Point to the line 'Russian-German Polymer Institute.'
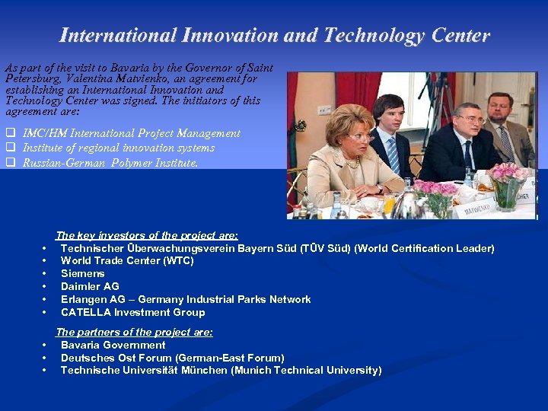point(110,162)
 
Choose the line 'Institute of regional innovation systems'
point(118,148)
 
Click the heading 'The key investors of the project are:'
point(147,236)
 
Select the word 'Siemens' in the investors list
point(82,274)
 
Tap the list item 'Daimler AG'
point(90,287)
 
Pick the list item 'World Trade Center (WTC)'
point(127,261)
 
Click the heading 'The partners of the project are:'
point(134,333)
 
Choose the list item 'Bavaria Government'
point(113,346)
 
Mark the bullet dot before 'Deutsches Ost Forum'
point(45,358)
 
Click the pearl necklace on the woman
point(352,162)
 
